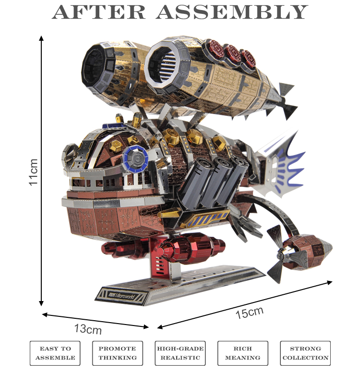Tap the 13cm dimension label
[88, 329]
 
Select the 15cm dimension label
[249, 312]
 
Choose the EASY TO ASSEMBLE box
[55, 353]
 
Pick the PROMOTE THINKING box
[118, 353]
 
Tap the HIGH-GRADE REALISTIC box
[180, 353]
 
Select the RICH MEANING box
[242, 353]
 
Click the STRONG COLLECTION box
[305, 353]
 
